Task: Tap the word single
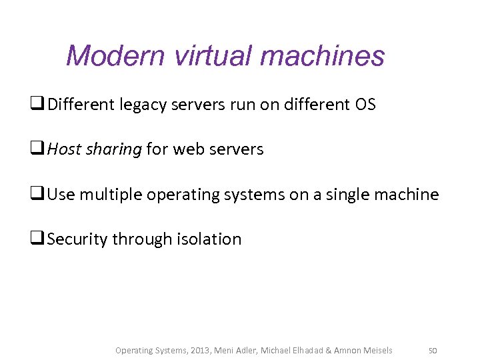[x=351, y=195]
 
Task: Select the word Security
[x=77, y=239]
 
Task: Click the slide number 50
[x=433, y=351]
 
